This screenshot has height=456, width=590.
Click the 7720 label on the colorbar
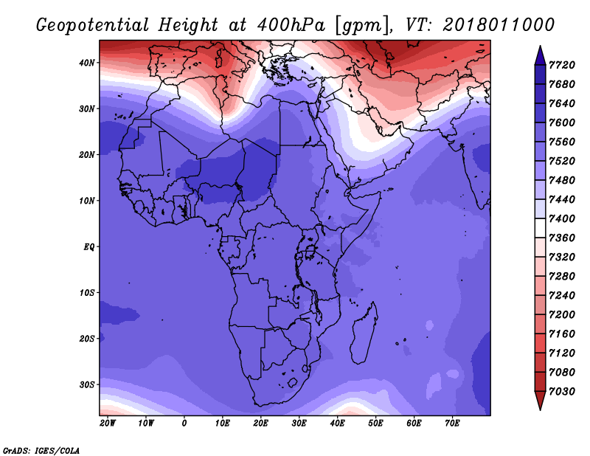tap(562, 65)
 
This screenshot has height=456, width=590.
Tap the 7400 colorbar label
tap(562, 218)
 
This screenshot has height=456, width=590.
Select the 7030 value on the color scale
tap(562, 392)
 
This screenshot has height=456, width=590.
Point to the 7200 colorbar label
tap(562, 315)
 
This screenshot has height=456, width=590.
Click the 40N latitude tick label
tap(87, 63)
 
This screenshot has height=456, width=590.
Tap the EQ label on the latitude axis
tap(89, 247)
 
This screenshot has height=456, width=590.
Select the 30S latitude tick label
tap(87, 385)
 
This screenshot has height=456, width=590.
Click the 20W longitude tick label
tap(108, 424)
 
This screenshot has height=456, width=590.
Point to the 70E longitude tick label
tap(452, 424)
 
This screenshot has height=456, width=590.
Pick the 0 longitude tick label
tap(184, 424)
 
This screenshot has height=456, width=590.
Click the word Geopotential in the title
tap(93, 25)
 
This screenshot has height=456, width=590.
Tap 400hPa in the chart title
tap(291, 25)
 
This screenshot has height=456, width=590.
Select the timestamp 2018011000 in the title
tap(499, 24)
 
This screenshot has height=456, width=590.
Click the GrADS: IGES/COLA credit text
tap(41, 451)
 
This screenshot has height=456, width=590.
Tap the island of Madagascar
tap(364, 334)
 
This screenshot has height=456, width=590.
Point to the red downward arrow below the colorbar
tap(540, 400)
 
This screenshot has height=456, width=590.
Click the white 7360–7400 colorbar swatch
tap(540, 228)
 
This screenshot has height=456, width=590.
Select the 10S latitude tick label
tap(87, 293)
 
